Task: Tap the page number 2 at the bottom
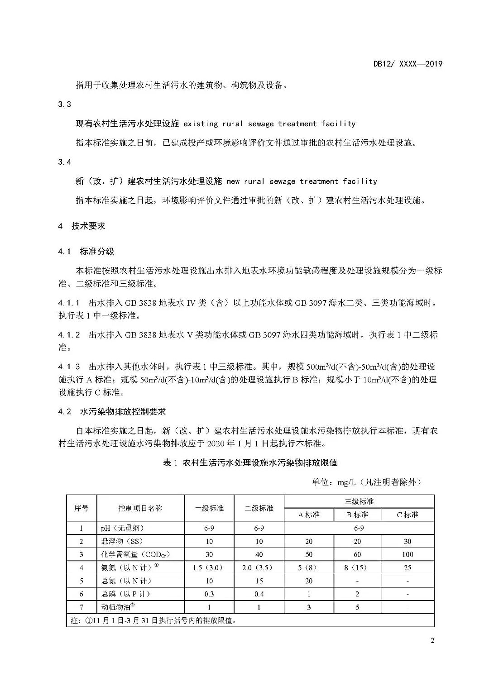click(x=432, y=641)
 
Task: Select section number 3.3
click(x=65, y=105)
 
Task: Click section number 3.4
click(x=65, y=162)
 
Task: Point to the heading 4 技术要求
click(x=82, y=226)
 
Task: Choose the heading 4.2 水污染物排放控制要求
click(x=112, y=412)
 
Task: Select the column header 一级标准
click(x=209, y=508)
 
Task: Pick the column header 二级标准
click(x=259, y=508)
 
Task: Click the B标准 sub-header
click(x=357, y=515)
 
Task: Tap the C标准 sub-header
click(x=407, y=515)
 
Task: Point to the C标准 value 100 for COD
click(x=407, y=554)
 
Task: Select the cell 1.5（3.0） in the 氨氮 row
click(x=209, y=567)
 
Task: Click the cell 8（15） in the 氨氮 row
click(x=357, y=567)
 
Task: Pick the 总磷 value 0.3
click(x=209, y=594)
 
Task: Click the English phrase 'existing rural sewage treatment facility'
click(x=269, y=124)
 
